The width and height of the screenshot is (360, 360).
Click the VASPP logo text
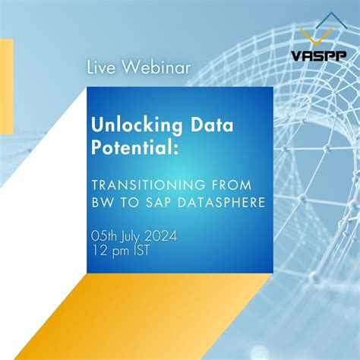(317, 55)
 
